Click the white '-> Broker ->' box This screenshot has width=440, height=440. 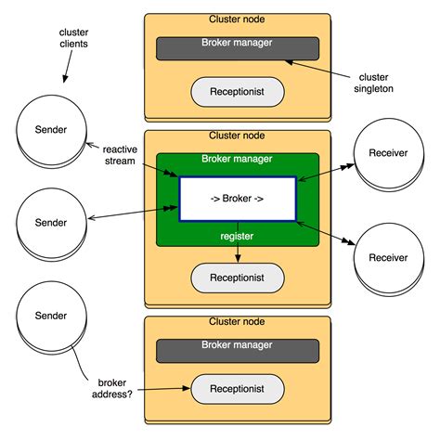coord(238,200)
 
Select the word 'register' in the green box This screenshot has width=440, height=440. coord(238,236)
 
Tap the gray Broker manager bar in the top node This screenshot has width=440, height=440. coord(238,48)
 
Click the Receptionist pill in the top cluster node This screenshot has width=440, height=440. coord(238,91)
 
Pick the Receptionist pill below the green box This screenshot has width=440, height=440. coord(238,277)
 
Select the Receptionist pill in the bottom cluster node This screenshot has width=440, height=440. coord(238,389)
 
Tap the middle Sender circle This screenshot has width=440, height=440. coord(50,224)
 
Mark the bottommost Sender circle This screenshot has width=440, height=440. coord(50,317)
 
